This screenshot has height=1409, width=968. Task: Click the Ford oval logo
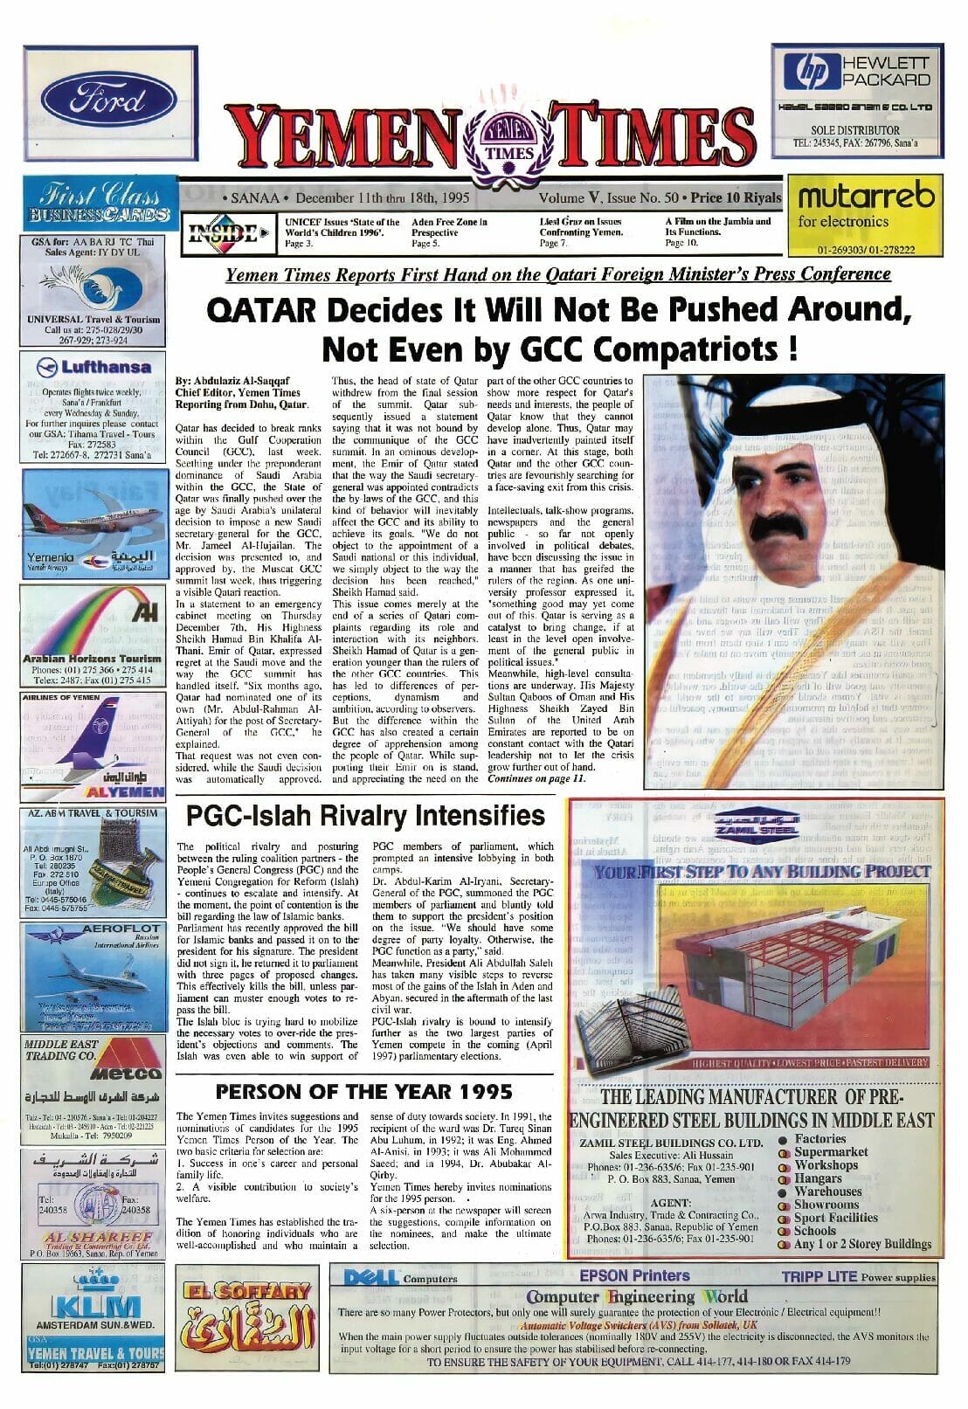(96, 100)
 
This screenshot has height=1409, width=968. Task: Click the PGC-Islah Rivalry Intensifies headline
(365, 816)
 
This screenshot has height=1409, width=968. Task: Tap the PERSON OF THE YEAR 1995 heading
(364, 1091)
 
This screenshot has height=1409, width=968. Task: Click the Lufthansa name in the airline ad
(105, 367)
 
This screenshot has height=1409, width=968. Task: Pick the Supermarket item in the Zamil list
(830, 1152)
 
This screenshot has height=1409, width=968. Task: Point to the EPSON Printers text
(634, 1275)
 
